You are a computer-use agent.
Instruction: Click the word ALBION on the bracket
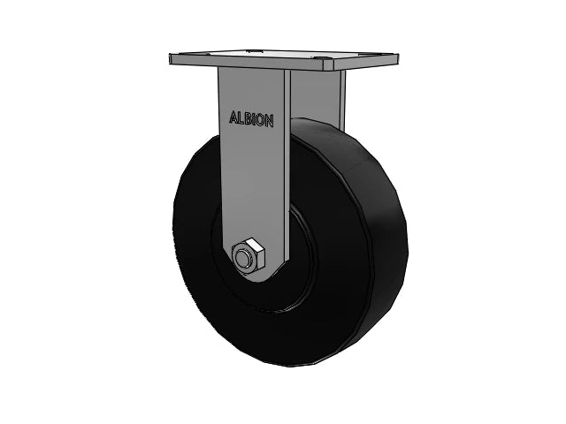251,119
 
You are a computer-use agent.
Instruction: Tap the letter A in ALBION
233,118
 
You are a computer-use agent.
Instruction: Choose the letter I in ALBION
255,119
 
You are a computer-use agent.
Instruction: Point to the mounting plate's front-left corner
171,60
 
